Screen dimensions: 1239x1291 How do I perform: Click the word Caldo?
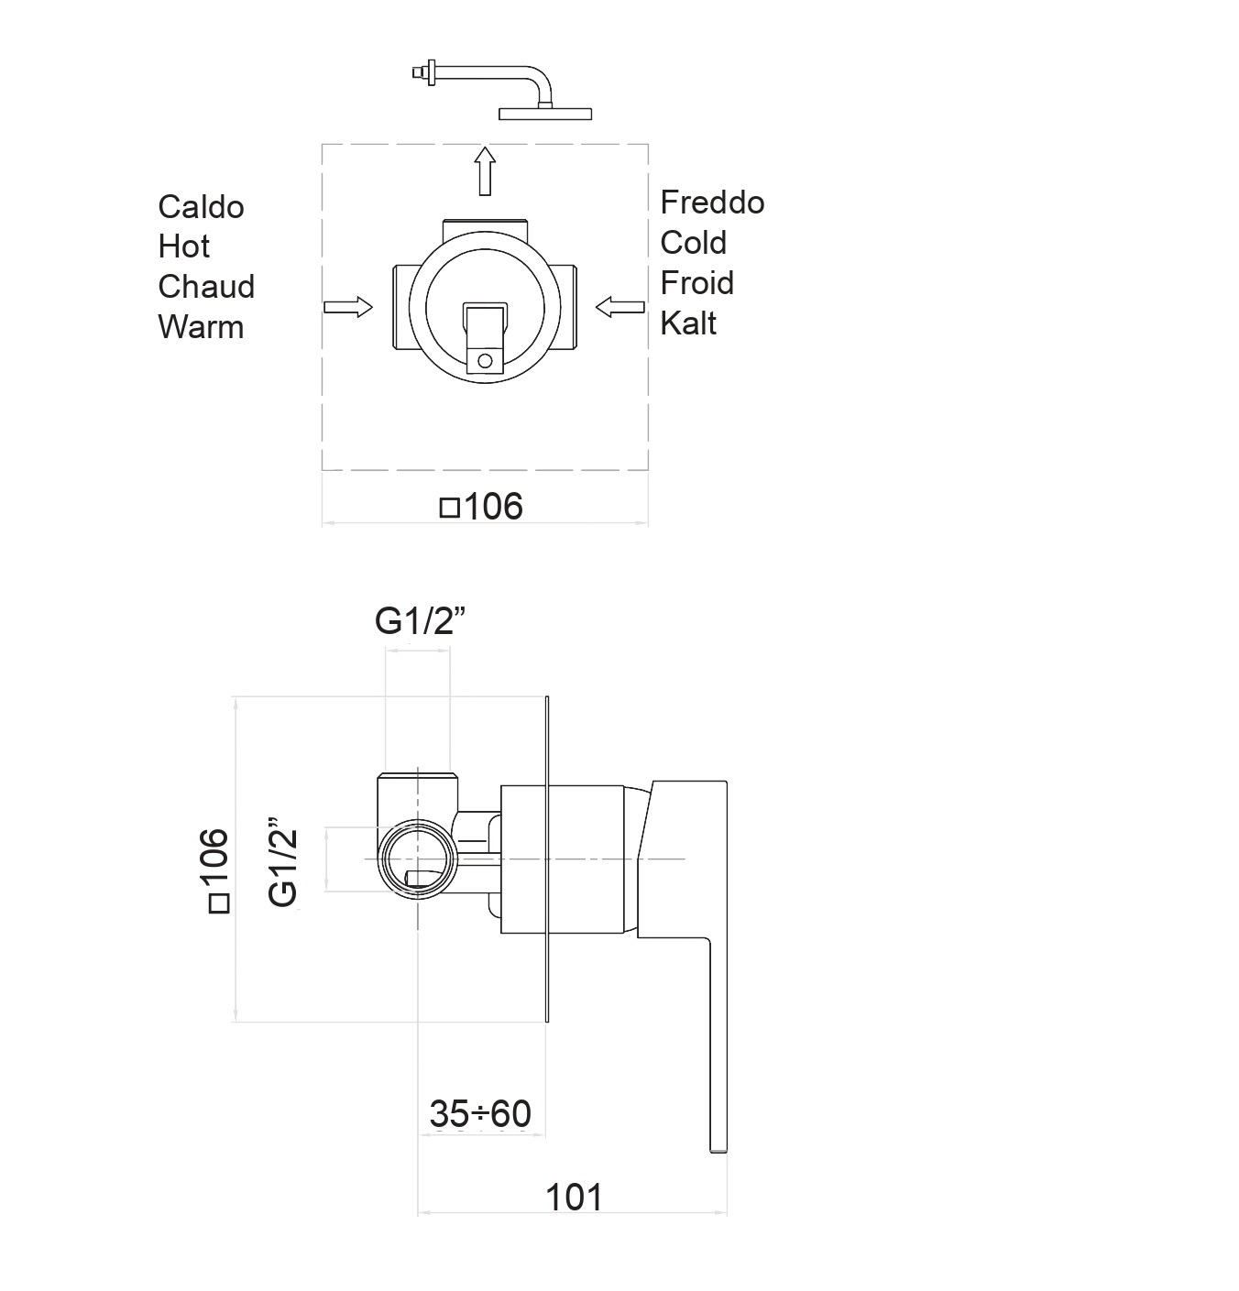tap(201, 207)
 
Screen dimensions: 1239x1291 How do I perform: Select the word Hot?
tap(184, 246)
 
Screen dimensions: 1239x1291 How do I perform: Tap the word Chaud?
tap(206, 287)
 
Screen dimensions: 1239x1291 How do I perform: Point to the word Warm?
tap(201, 327)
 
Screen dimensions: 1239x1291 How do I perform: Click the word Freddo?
tap(712, 202)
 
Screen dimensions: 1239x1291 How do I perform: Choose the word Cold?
tap(694, 243)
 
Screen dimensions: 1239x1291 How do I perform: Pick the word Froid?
tap(696, 283)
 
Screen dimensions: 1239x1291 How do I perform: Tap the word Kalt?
tap(688, 323)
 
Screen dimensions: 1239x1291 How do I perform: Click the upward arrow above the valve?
tap(485, 171)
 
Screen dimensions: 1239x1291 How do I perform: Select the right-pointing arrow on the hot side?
tap(348, 307)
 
